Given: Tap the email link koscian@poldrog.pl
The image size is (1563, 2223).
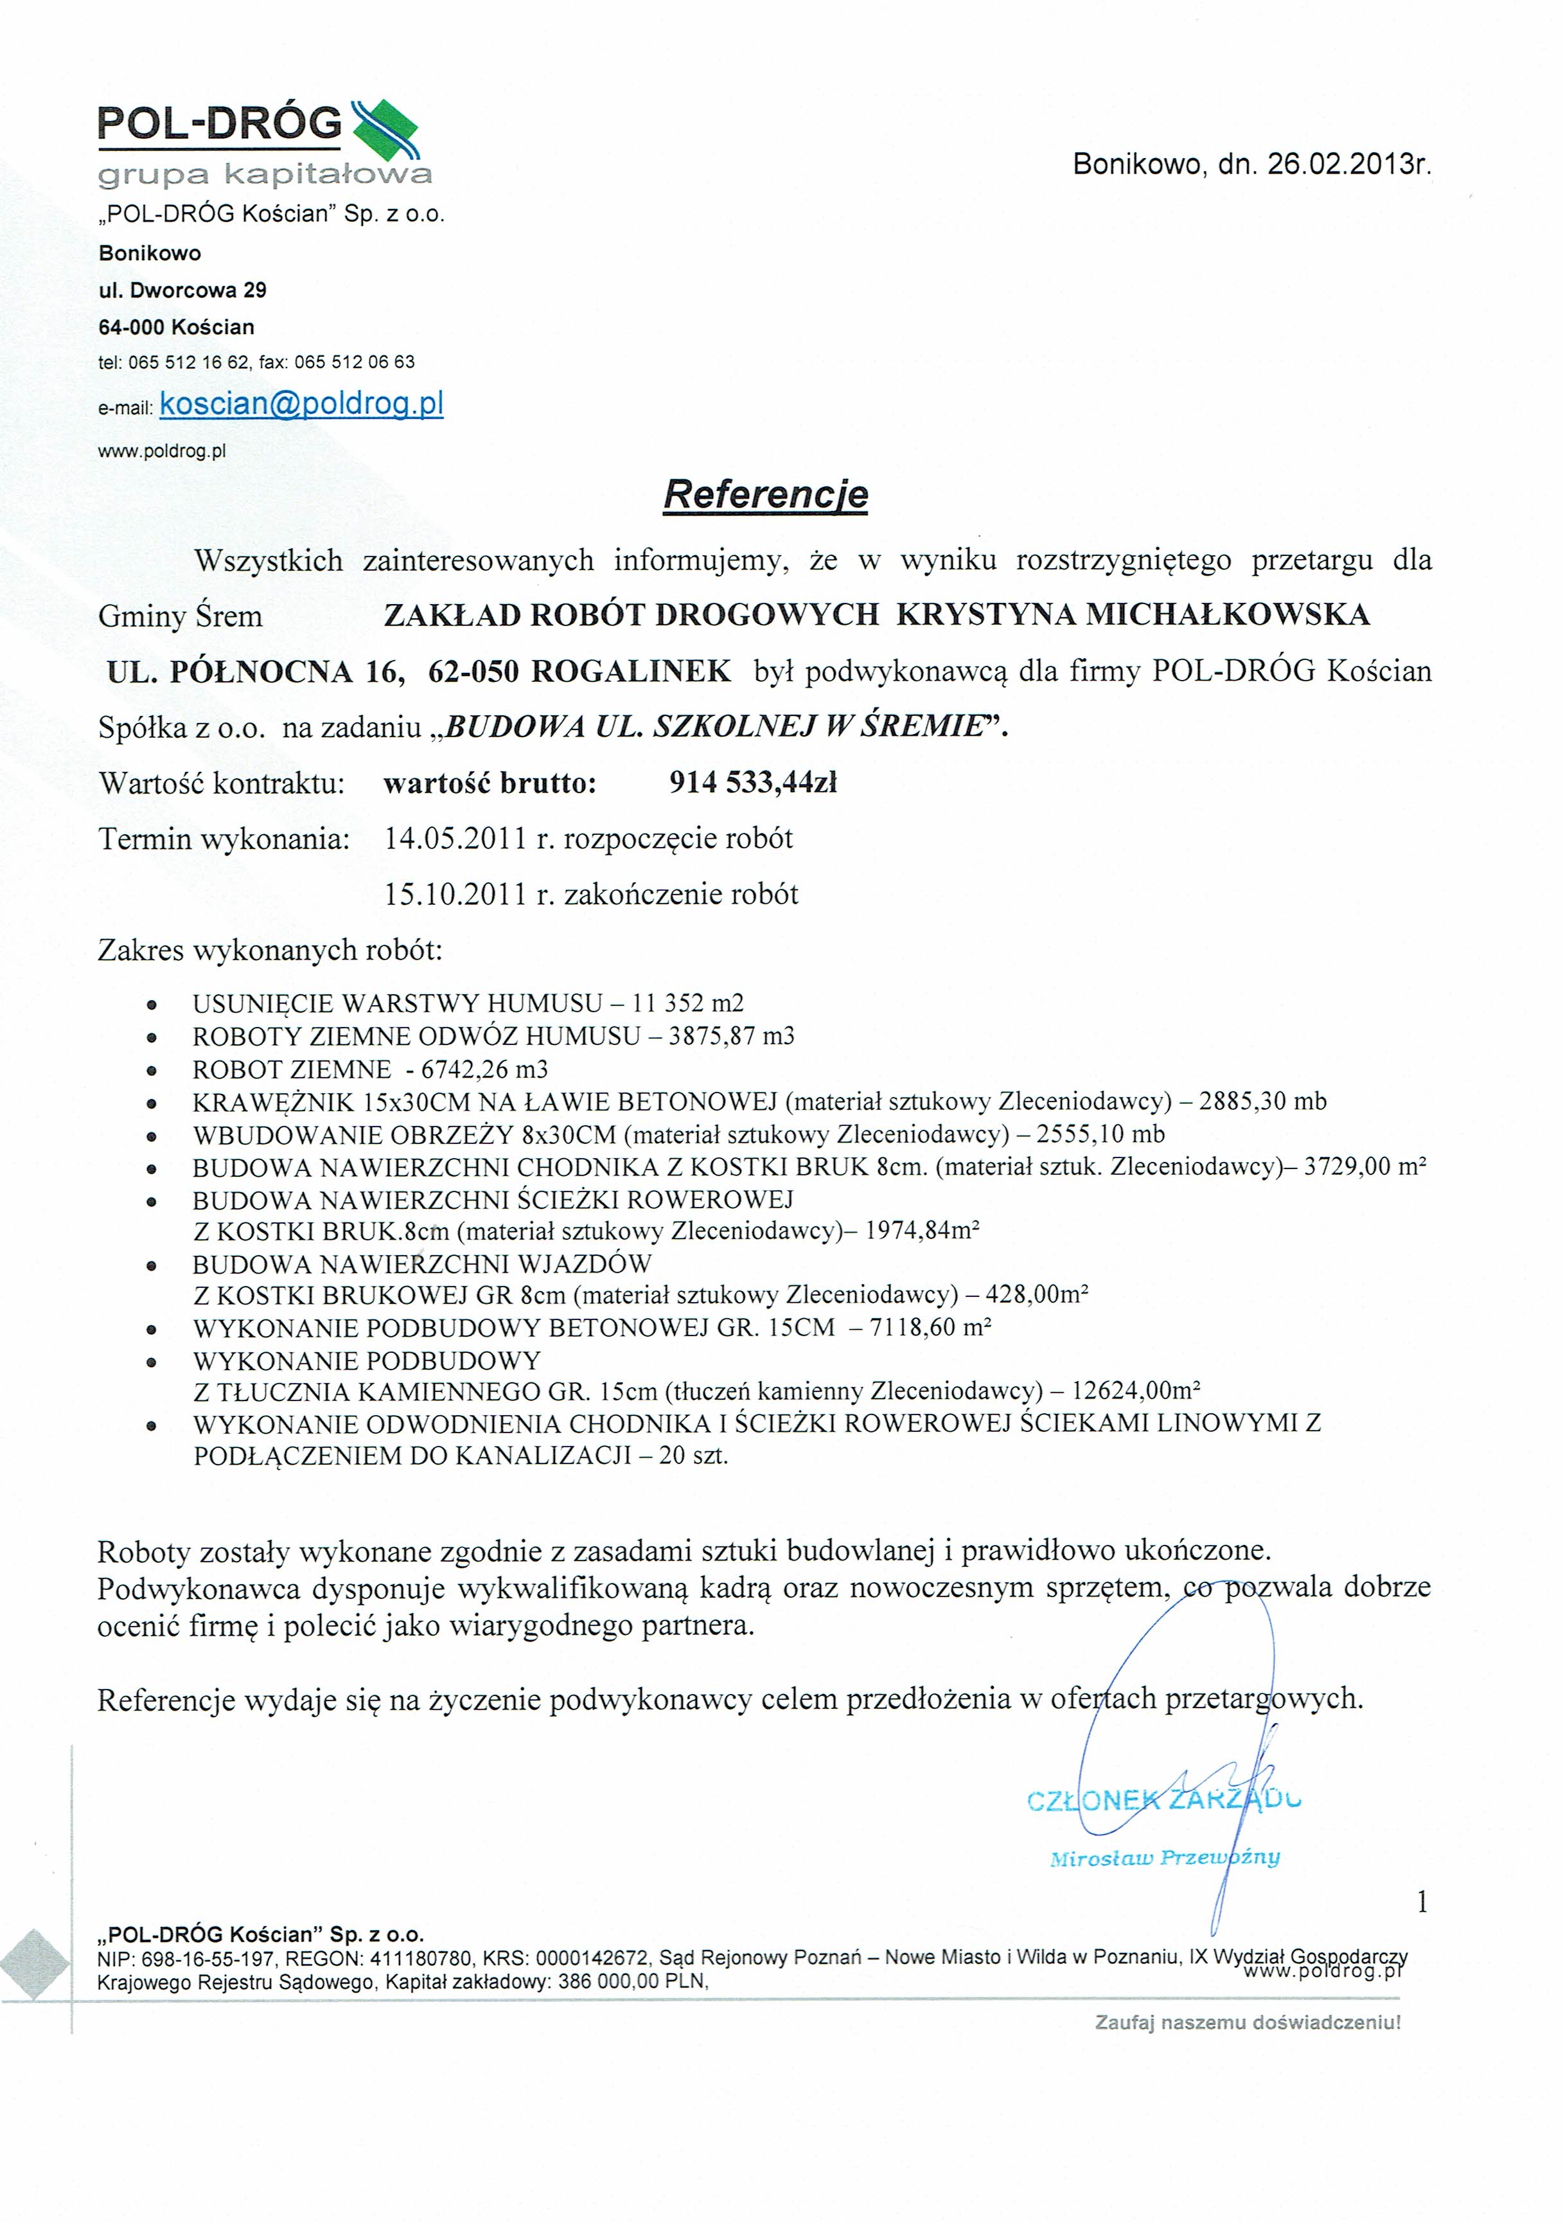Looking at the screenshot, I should (x=301, y=404).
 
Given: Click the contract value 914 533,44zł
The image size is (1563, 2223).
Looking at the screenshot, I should (x=752, y=782).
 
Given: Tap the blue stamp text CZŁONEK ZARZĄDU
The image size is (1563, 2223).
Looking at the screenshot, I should (x=1163, y=1801).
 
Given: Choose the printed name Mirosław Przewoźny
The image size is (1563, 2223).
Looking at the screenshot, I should (x=1164, y=1857).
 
